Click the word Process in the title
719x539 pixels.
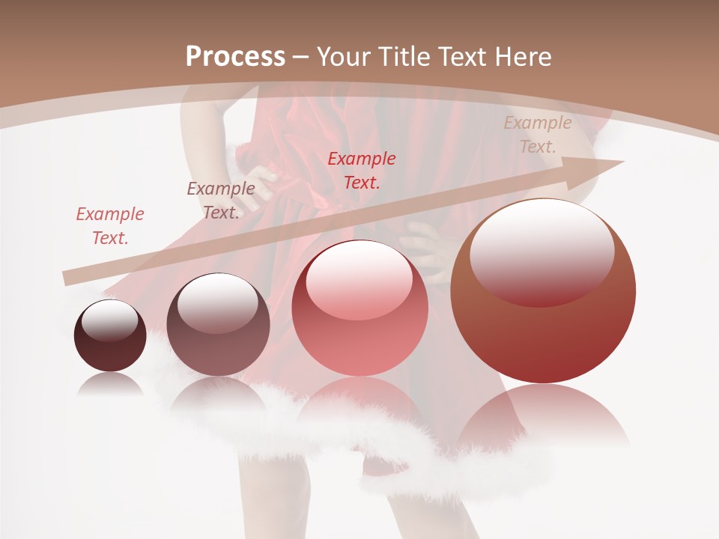coord(235,56)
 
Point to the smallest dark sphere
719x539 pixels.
coord(110,335)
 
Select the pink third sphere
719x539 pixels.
coord(359,308)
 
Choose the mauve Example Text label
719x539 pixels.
coord(221,201)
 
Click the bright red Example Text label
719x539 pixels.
coord(362,170)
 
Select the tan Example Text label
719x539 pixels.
coord(538,135)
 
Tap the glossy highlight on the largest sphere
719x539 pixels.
coord(542,251)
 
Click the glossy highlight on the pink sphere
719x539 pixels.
coord(359,279)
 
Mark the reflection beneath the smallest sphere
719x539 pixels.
coord(110,384)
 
